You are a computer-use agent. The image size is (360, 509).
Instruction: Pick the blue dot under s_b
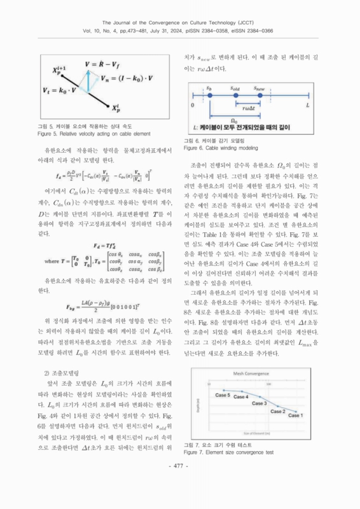(209, 96)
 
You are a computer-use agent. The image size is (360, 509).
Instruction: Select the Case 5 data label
(221, 395)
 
